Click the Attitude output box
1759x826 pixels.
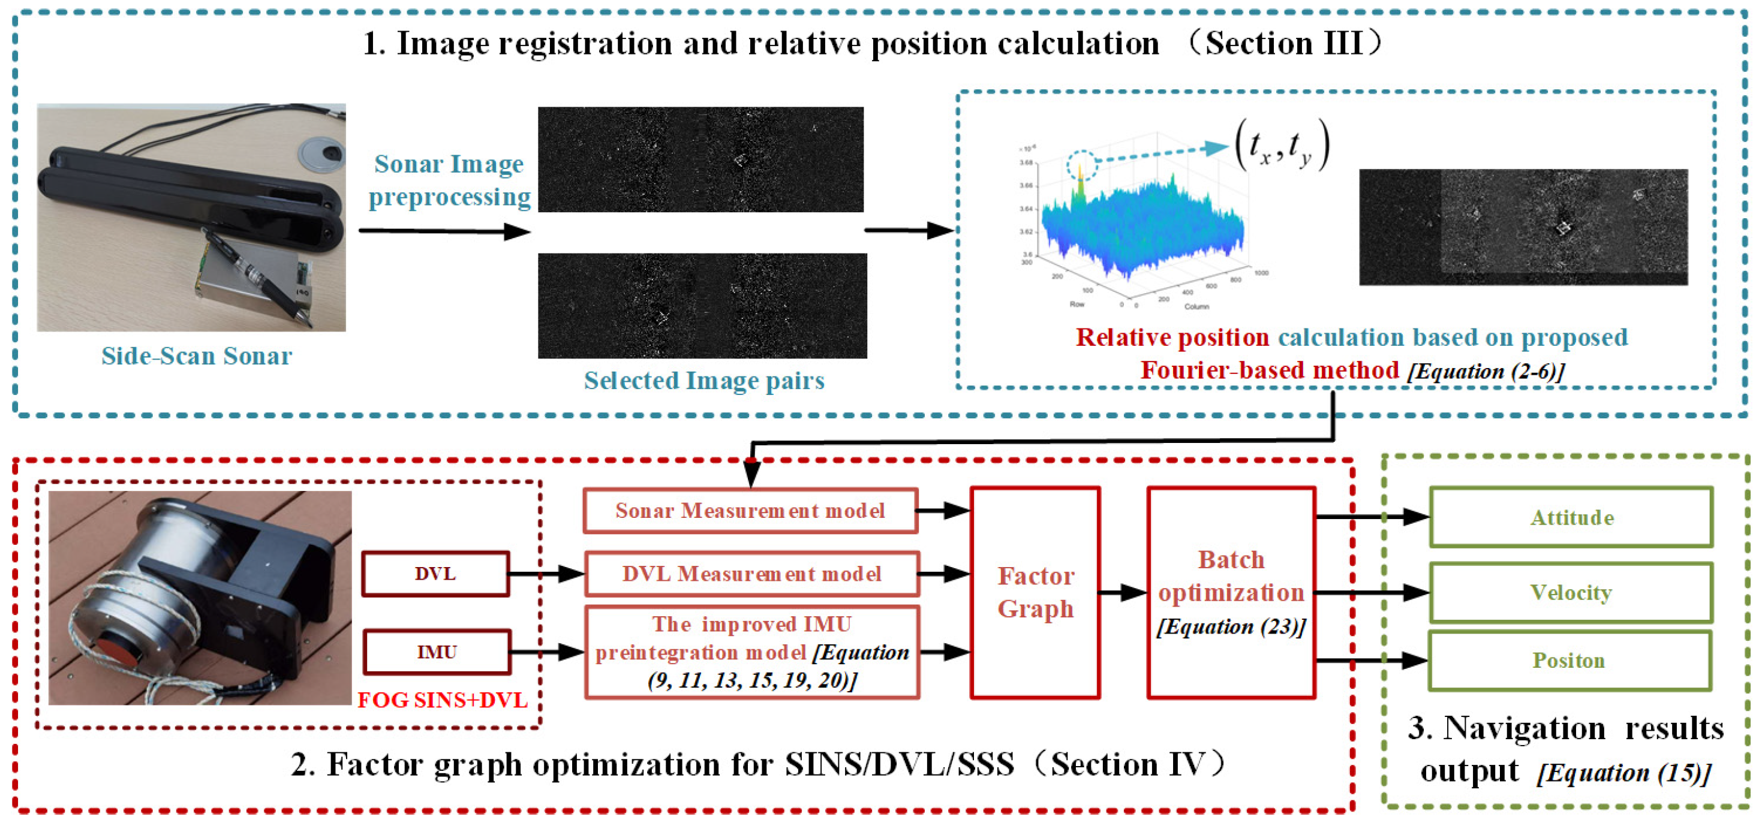(x=1571, y=517)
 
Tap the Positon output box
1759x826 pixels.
(x=1569, y=660)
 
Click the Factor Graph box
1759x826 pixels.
(x=1035, y=593)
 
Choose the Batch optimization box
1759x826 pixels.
(x=1231, y=593)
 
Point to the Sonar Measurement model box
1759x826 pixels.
(x=750, y=511)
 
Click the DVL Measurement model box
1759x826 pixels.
(x=751, y=574)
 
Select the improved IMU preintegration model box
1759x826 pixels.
(x=751, y=652)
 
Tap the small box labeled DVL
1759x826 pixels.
(x=435, y=574)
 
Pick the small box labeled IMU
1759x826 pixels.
(x=437, y=652)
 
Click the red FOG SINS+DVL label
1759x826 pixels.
(x=443, y=700)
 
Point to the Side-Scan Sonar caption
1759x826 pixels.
(x=197, y=355)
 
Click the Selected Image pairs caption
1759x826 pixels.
(x=704, y=380)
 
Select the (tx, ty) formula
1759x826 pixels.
(x=1282, y=144)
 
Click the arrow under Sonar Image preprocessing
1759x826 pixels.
(x=444, y=231)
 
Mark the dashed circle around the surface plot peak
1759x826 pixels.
(x=1082, y=165)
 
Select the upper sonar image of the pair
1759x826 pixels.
(x=700, y=159)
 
